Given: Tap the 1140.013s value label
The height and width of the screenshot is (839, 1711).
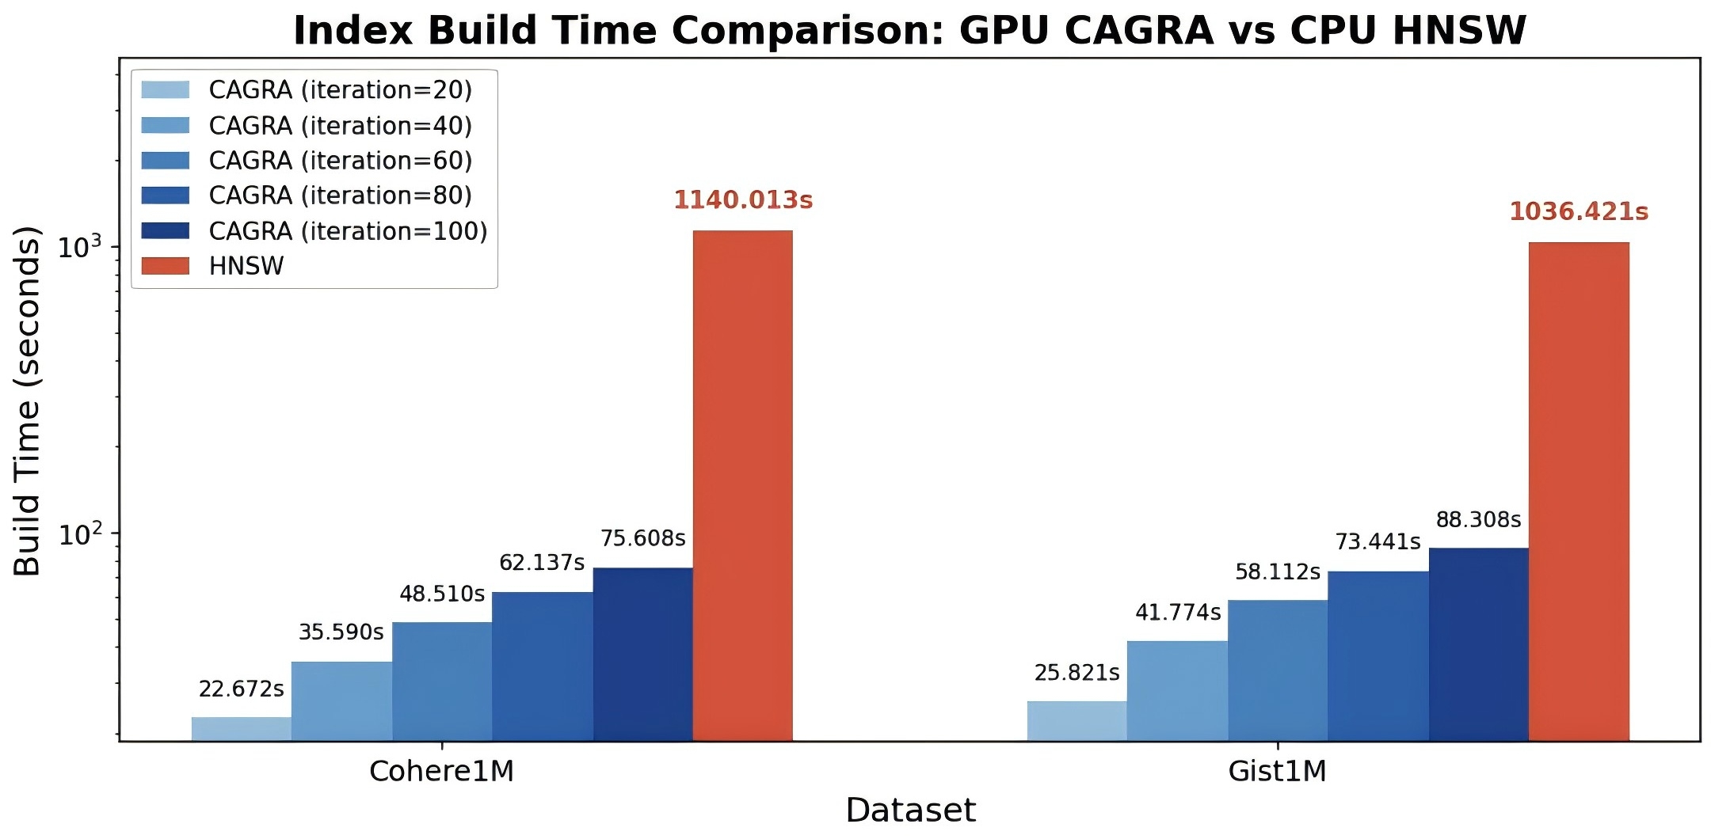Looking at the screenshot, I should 743,200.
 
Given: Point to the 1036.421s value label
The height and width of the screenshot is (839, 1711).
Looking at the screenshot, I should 1578,212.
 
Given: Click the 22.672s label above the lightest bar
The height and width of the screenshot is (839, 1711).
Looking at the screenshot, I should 241,689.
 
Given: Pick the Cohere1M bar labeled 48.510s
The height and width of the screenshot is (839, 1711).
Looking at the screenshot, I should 442,681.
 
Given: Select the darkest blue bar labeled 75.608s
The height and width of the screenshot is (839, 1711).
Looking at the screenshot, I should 642,655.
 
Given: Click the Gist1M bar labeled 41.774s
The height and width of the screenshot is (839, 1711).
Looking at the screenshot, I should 1177,691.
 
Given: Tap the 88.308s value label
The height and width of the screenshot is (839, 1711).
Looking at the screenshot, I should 1478,520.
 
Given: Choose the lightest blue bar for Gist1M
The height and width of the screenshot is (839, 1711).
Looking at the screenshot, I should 1077,721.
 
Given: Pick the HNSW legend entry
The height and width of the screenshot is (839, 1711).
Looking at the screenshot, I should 246,266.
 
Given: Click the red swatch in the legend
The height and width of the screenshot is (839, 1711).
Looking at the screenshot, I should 166,266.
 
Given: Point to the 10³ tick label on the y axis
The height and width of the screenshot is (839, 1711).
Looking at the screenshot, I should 80,247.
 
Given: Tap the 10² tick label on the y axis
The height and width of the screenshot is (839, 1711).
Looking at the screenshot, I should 80,535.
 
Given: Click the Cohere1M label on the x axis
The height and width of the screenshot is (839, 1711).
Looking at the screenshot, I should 441,771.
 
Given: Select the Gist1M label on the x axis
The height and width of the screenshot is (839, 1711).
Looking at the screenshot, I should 1277,771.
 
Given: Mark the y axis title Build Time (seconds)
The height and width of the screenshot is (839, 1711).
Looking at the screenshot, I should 27,401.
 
